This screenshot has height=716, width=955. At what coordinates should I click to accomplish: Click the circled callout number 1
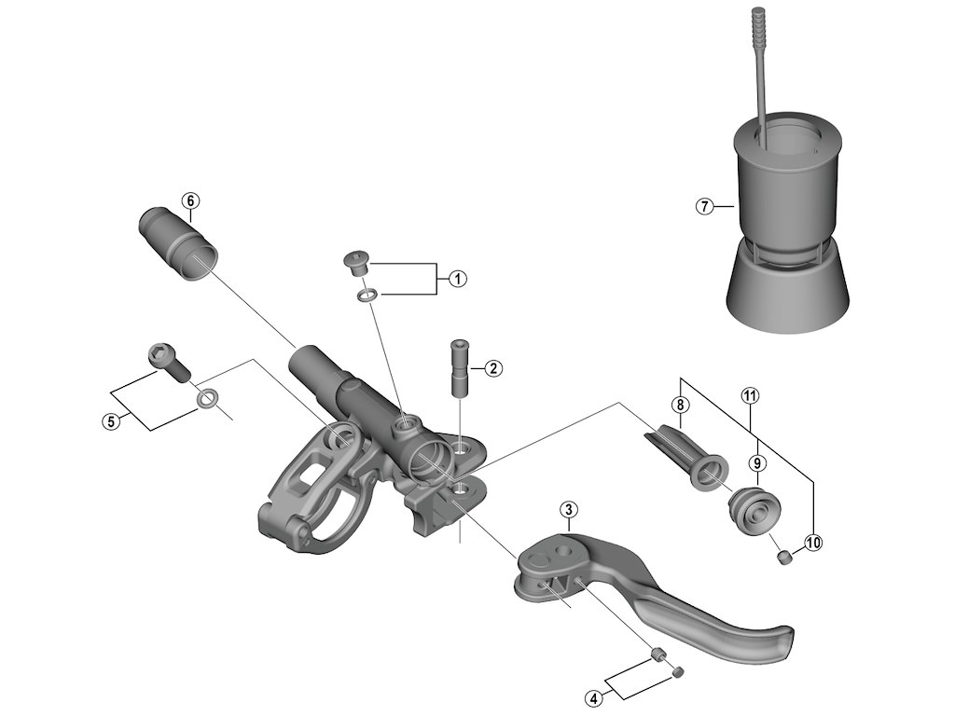point(457,279)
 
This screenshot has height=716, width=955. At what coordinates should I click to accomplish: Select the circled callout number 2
point(493,368)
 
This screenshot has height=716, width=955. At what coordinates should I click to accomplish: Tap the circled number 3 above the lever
point(568,510)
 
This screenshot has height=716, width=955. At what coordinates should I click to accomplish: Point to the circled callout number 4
point(593,695)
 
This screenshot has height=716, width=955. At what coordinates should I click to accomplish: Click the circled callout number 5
point(111,421)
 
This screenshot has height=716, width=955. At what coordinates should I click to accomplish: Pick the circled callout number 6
point(189,201)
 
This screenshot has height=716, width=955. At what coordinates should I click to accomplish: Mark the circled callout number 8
point(681,405)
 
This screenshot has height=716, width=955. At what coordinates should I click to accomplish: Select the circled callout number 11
point(751,395)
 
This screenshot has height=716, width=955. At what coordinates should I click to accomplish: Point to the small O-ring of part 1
point(367,295)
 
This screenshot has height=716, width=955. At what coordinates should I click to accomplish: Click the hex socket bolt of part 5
point(168,362)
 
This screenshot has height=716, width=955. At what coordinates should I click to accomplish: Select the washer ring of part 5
point(208,400)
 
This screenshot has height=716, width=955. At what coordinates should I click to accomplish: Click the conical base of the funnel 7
point(788,294)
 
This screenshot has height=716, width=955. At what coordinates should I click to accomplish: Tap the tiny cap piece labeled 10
point(784,558)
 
